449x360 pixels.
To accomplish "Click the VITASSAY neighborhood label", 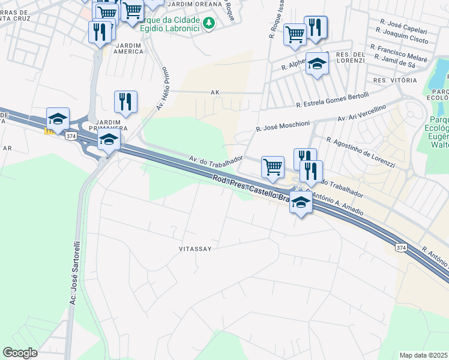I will click(x=195, y=248).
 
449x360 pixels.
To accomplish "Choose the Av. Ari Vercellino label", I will click(x=361, y=112).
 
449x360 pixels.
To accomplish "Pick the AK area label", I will click(x=215, y=93).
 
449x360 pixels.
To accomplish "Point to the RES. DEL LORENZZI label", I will click(x=351, y=58).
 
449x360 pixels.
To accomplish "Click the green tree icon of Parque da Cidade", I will click(x=208, y=23).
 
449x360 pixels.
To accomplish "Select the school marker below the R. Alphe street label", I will click(x=317, y=63).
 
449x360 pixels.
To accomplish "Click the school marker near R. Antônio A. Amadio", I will click(x=301, y=204).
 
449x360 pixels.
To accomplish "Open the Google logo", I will click(x=20, y=353).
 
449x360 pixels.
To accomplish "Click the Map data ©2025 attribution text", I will click(x=424, y=355).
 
